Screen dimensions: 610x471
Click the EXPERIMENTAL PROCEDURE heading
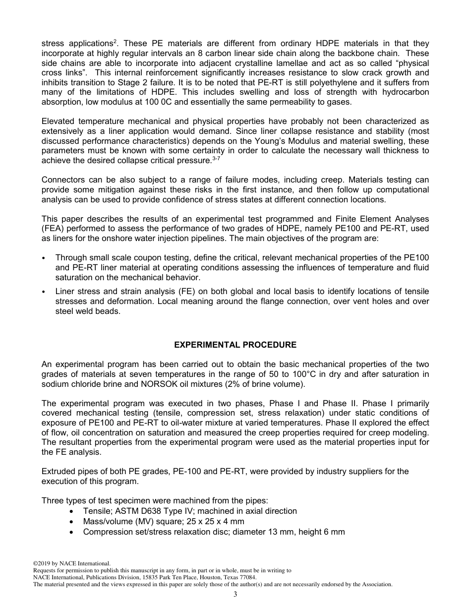(235, 345)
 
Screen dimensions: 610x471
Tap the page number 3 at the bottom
(235, 595)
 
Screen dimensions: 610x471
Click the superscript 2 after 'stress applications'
(115, 41)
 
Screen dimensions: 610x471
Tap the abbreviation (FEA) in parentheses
(53, 229)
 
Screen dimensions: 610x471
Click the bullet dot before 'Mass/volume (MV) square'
(73, 522)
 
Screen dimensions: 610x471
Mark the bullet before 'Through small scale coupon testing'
(44, 258)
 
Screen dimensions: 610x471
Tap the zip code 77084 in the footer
(247, 577)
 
